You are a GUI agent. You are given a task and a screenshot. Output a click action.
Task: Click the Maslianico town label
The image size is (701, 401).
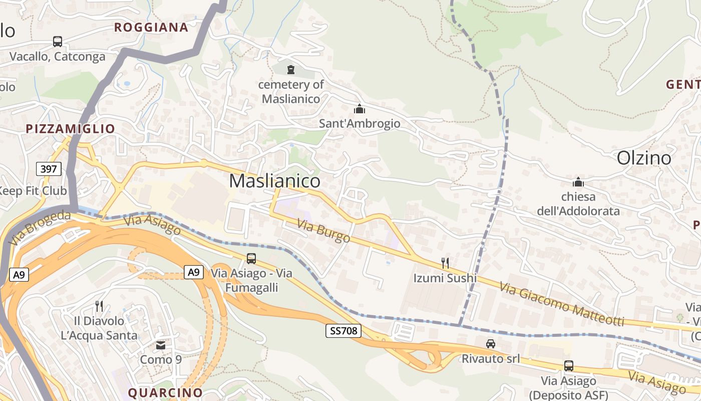pyautogui.click(x=274, y=181)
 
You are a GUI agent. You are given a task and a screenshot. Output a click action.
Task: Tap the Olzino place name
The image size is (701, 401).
pyautogui.click(x=644, y=158)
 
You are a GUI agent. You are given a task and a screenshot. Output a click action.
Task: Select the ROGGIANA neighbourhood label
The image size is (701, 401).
pyautogui.click(x=151, y=28)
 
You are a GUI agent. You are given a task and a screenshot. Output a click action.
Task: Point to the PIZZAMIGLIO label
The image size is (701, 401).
pyautogui.click(x=71, y=129)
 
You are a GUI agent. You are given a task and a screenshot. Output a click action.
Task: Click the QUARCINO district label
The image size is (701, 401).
pyautogui.click(x=166, y=392)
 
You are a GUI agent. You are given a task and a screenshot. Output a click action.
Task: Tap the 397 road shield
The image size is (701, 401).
pyautogui.click(x=49, y=169)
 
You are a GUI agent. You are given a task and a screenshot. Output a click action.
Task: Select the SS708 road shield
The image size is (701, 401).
pyautogui.click(x=343, y=331)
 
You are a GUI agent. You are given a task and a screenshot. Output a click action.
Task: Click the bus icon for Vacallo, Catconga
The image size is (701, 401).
pyautogui.click(x=58, y=42)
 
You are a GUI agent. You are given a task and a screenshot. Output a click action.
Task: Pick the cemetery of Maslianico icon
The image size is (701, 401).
pyautogui.click(x=291, y=70)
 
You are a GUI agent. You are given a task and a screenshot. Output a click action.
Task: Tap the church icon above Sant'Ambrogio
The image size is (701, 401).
pyautogui.click(x=360, y=109)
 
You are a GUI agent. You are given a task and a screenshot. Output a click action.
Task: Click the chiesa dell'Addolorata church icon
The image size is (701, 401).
pyautogui.click(x=578, y=182)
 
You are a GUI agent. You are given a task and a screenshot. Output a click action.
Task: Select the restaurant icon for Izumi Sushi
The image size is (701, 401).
pyautogui.click(x=445, y=263)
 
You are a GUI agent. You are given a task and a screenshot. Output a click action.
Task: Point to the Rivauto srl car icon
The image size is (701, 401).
pyautogui.click(x=491, y=344)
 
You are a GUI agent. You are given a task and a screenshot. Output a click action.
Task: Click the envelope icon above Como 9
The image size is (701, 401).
pyautogui.click(x=161, y=345)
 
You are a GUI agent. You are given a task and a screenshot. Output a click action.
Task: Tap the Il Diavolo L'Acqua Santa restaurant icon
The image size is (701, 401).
pyautogui.click(x=99, y=306)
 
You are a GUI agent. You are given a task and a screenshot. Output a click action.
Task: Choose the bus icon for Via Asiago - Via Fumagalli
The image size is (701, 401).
pyautogui.click(x=251, y=259)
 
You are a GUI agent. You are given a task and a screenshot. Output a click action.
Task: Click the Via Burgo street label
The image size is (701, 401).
pyautogui.click(x=323, y=231)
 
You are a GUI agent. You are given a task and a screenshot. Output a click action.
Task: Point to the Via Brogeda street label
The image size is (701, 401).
pyautogui.click(x=40, y=228)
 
